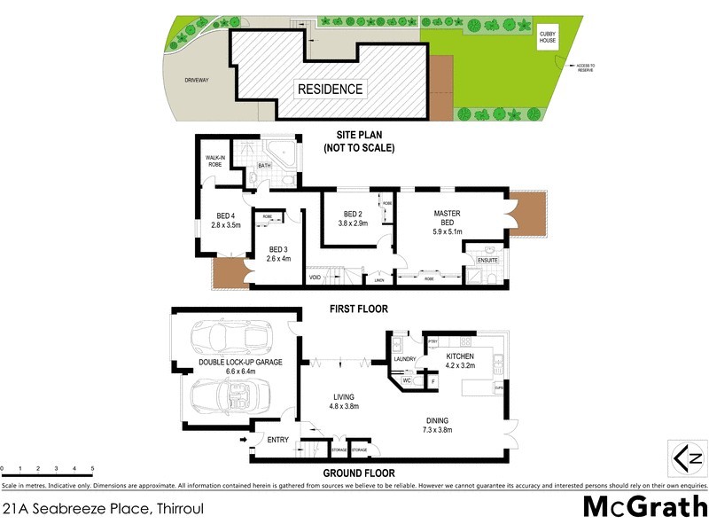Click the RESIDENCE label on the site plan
click(330, 89)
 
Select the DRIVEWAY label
click(196, 80)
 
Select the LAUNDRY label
click(405, 359)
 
